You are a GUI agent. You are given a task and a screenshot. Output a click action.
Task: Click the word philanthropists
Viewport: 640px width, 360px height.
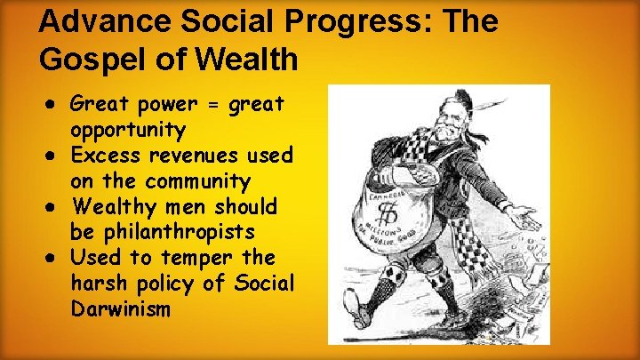pos(163,233)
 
